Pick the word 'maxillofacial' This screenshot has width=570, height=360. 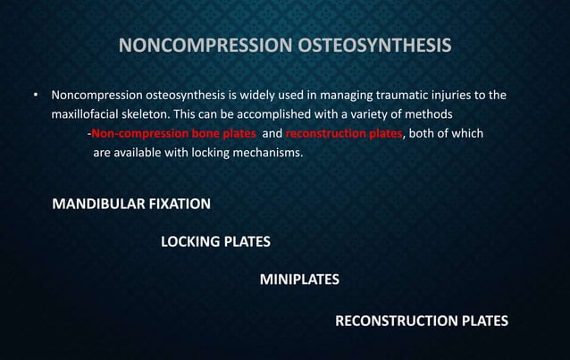87,114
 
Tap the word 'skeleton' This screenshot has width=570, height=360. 155,114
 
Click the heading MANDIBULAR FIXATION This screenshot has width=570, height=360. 132,204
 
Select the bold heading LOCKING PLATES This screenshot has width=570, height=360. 215,241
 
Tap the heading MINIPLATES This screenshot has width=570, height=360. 299,280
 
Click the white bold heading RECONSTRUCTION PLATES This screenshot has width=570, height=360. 421,321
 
